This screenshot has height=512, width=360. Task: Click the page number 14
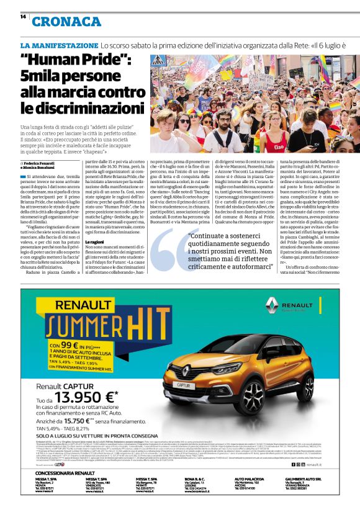pos(23,17)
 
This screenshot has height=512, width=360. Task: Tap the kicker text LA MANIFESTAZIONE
pos(59,46)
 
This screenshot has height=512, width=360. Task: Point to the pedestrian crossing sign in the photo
pos(159,61)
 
